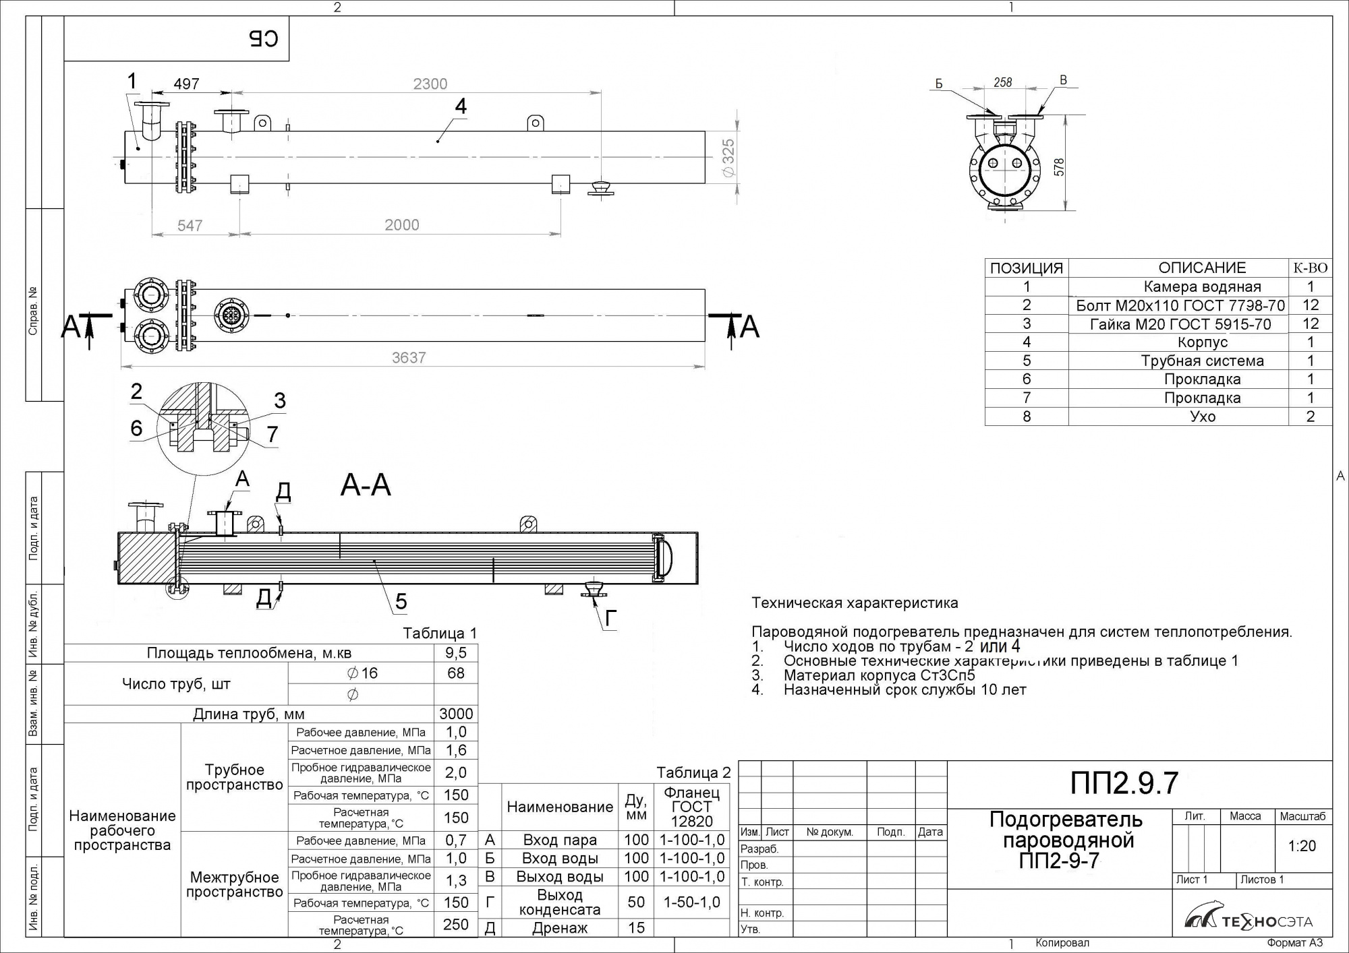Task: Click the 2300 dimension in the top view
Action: click(430, 84)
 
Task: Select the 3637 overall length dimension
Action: click(409, 358)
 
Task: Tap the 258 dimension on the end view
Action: click(1003, 82)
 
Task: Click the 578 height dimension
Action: click(1059, 167)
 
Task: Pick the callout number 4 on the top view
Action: click(461, 106)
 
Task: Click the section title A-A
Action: click(366, 485)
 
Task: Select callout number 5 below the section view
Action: click(401, 601)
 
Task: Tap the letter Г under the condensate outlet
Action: click(610, 619)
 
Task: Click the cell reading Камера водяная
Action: click(1202, 287)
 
